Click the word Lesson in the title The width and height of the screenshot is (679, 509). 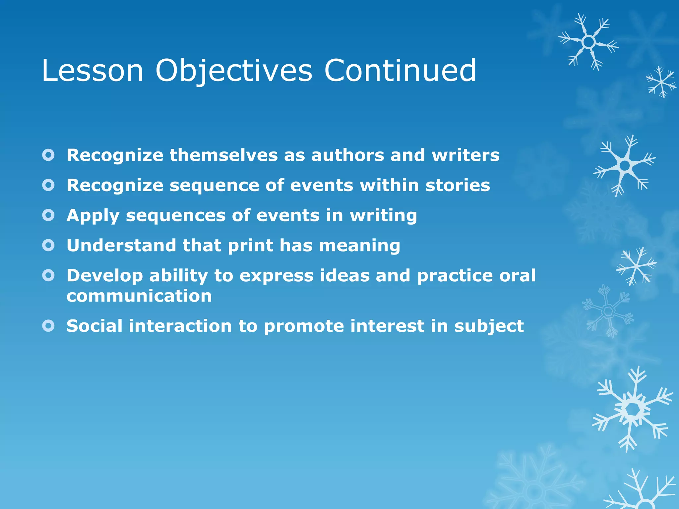point(92,71)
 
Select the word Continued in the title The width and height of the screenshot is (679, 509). point(400,71)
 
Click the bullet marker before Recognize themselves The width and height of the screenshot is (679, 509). point(48,155)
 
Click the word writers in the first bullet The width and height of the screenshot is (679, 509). point(465,155)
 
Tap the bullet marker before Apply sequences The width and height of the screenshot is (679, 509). point(48,215)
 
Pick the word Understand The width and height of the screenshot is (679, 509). point(121,246)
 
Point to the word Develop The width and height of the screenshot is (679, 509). point(104,276)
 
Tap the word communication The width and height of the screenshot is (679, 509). point(139,296)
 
